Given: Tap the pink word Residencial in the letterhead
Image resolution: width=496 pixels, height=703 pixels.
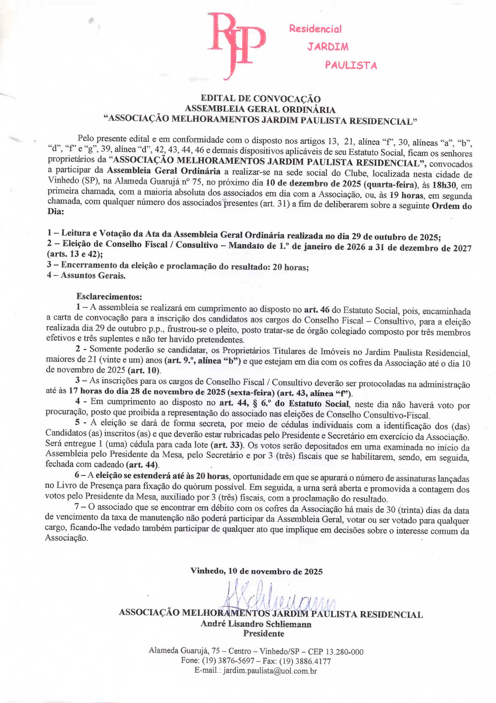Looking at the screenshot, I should pos(315,29).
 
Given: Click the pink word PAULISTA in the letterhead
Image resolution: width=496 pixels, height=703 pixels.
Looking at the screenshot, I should pos(351,65).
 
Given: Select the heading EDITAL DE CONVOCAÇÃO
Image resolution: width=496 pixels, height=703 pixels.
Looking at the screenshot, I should pos(260,99).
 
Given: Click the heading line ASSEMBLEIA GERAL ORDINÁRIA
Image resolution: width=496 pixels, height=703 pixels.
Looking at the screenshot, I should pos(260,109).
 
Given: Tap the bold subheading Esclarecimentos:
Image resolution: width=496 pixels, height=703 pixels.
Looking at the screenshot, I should pos(109,297).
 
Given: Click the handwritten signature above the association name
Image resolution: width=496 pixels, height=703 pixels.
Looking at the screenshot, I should pos(280,597).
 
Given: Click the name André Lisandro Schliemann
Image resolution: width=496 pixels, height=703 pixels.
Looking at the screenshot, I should pos(256,624).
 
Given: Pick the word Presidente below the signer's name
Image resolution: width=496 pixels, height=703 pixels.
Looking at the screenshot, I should pos(264,633).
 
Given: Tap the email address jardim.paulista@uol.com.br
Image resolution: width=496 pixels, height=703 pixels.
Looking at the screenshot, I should pos(270,671).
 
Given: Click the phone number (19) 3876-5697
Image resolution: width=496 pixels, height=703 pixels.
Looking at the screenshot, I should pos(228,661).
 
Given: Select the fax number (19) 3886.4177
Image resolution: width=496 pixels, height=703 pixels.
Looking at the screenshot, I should pos(305,661).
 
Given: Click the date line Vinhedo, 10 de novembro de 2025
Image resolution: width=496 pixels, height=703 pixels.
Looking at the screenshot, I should pos(256,571).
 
